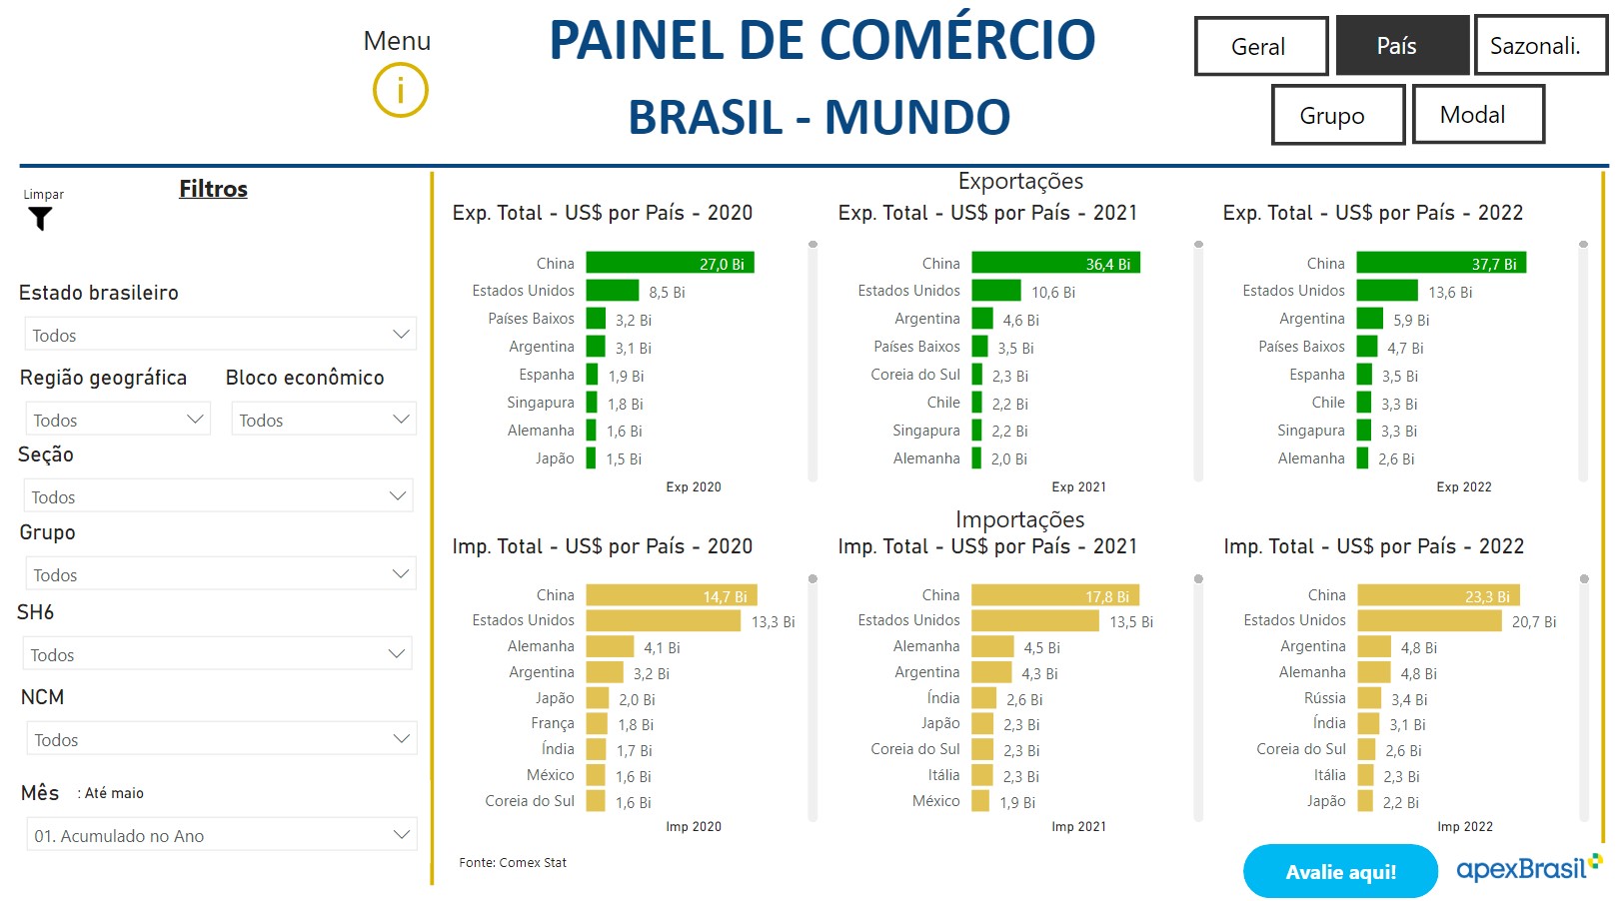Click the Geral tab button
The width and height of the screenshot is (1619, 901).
coord(1260,46)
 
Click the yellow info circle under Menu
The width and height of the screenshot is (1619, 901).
coord(401,91)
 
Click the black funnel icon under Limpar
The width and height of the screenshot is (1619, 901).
coord(40,219)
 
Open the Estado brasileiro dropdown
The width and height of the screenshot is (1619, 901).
coord(220,335)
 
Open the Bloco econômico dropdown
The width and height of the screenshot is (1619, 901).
coord(323,420)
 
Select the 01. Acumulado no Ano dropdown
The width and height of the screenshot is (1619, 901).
coord(221,835)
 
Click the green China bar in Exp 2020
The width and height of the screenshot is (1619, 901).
coord(670,263)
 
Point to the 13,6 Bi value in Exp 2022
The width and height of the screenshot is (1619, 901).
coord(1450,292)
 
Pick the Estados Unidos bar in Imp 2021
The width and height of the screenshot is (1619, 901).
coord(1034,620)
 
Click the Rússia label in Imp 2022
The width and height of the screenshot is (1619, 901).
coord(1324,698)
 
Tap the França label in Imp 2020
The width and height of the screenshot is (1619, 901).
coord(553,723)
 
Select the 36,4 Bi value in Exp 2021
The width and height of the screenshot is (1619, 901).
coord(1108,264)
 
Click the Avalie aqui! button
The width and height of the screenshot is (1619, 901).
coord(1340,872)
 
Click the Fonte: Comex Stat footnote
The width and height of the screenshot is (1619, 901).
coord(513,862)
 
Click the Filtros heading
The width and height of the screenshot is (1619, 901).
coord(213,189)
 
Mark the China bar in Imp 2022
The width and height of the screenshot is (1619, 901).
coord(1438,595)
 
